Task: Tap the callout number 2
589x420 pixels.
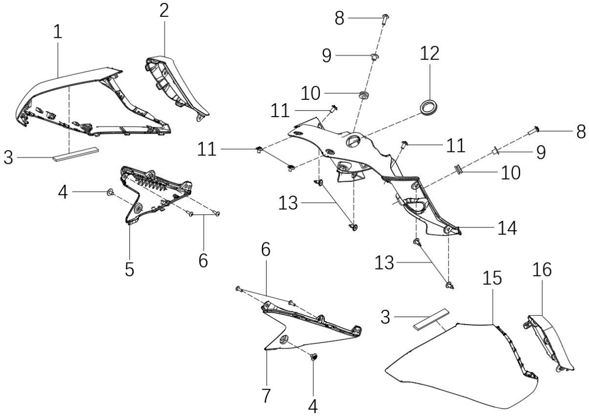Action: point(164,11)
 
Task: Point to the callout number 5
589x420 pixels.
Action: point(129,270)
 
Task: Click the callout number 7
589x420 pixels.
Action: point(266,396)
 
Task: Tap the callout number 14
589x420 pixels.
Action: point(507,228)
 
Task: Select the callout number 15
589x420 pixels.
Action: point(492,278)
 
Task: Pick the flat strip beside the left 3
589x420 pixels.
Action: point(77,154)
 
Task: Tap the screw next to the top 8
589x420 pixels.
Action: point(385,19)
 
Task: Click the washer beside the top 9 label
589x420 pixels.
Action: point(374,57)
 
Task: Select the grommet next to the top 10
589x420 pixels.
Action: point(363,95)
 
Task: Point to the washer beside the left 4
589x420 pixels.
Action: point(110,193)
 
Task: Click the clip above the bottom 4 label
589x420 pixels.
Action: point(314,357)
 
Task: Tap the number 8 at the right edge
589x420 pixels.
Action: point(581,131)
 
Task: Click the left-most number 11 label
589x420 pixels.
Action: point(207,150)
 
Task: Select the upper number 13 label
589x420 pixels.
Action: point(288,204)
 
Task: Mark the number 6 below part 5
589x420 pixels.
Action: point(203,261)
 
